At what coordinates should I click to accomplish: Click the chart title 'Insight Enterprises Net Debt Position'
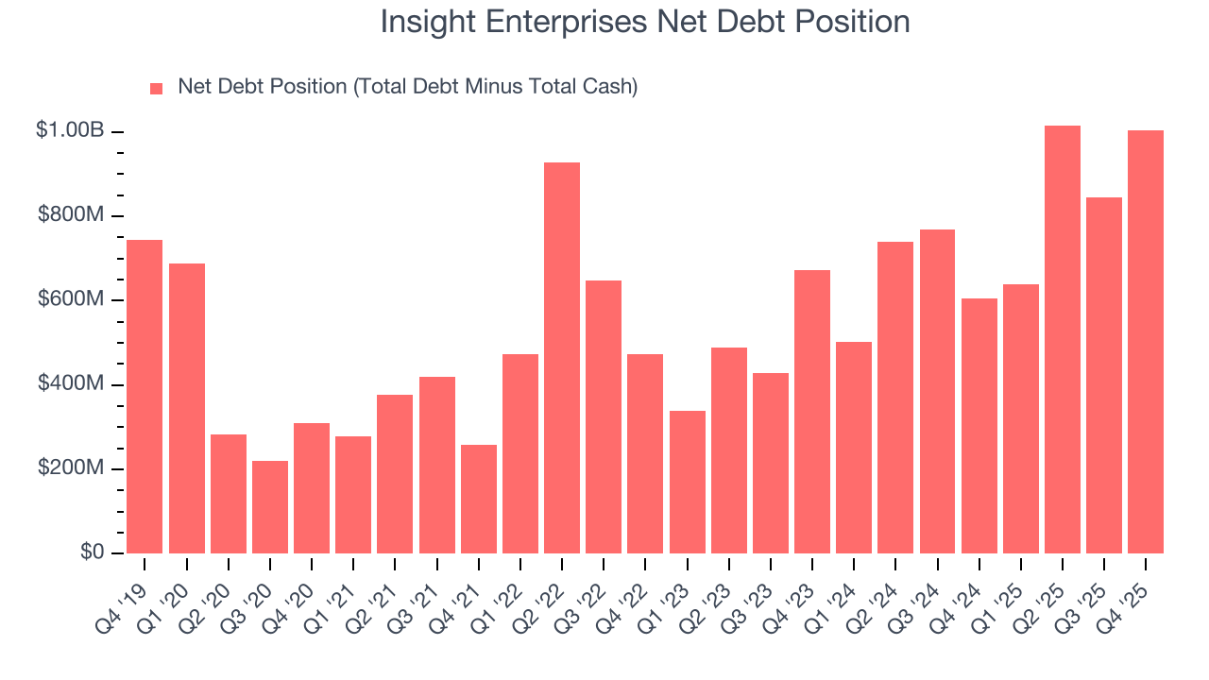(645, 22)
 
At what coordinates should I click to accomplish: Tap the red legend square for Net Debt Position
(157, 88)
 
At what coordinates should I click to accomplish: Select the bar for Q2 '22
(562, 358)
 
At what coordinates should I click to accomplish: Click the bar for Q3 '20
(270, 507)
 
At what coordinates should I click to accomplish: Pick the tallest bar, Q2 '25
(1063, 340)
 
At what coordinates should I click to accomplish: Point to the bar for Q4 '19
(145, 397)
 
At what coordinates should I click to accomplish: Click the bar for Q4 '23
(812, 412)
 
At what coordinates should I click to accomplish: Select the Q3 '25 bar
(1104, 375)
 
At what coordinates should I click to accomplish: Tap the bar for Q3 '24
(937, 391)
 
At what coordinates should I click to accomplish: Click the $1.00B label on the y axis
(70, 130)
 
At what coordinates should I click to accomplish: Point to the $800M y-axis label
(71, 215)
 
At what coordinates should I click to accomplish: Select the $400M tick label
(71, 384)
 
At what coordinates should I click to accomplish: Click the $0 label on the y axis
(92, 552)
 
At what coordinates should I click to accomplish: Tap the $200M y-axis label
(71, 468)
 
